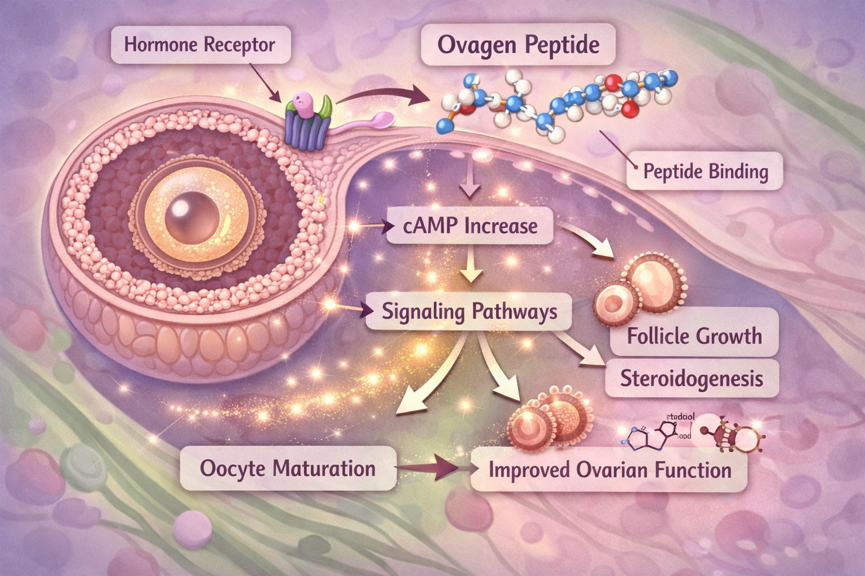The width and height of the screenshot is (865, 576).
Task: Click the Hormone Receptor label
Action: point(200,45)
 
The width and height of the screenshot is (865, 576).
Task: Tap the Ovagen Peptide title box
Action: point(518,45)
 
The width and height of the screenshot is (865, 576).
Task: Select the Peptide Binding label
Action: point(705,171)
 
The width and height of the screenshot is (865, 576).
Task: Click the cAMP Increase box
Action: point(471,226)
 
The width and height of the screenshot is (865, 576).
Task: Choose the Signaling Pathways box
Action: point(469,311)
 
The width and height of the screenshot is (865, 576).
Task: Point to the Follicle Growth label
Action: point(694,336)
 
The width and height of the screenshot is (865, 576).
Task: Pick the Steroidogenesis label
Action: point(692,379)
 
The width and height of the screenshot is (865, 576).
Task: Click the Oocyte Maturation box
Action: point(287,469)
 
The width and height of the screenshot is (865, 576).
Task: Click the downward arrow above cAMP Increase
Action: point(471,183)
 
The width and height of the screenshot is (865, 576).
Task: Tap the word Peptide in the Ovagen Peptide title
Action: point(563,45)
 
